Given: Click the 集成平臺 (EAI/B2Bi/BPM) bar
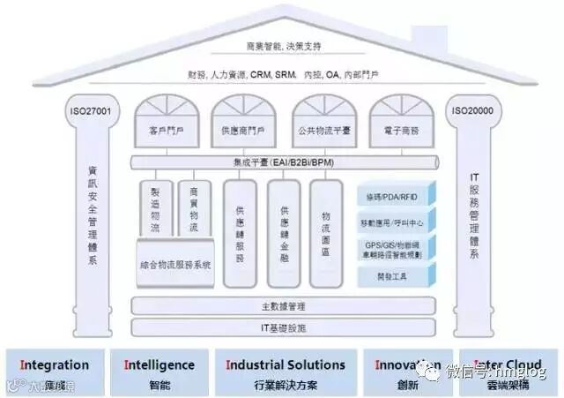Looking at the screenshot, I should tap(284, 162).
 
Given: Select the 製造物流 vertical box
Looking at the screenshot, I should tap(155, 209).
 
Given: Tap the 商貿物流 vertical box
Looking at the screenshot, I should tap(194, 209).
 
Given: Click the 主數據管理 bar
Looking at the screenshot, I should tap(284, 306).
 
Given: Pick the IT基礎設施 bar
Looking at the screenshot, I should tap(284, 327).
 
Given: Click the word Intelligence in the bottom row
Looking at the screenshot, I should tap(160, 364).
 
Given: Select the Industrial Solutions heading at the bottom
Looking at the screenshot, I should tap(286, 364).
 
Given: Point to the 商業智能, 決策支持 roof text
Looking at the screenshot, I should tap(284, 47).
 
